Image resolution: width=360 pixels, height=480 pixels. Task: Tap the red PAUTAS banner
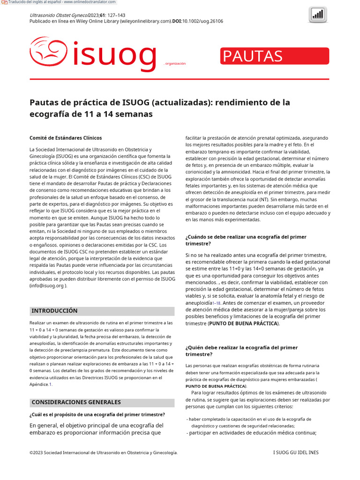click(x=275, y=56)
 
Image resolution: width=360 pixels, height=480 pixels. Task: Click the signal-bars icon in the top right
click(x=318, y=15)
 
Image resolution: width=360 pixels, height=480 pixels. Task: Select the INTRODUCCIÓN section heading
click(x=54, y=311)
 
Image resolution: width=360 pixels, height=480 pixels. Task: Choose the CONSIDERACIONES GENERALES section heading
click(x=76, y=402)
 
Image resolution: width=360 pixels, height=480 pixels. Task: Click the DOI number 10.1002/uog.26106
click(x=203, y=21)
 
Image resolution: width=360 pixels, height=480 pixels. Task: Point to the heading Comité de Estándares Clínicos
click(x=66, y=138)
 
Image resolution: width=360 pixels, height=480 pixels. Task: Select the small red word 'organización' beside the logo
click(x=174, y=63)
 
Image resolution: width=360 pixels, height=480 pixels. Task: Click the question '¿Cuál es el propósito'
click(x=97, y=414)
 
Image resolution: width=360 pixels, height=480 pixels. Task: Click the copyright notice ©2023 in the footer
click(x=103, y=452)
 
